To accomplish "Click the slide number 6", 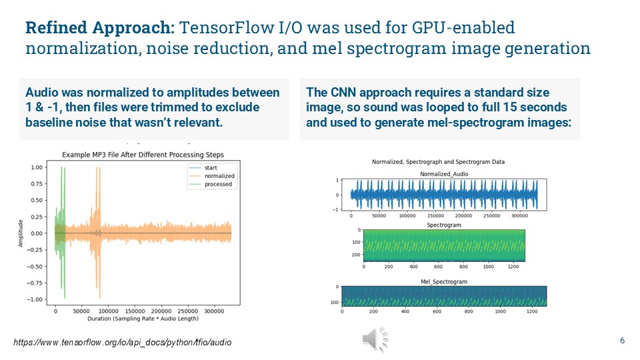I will tap(622, 341).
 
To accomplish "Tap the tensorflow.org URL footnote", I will tap(123, 342).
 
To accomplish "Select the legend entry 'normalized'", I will tap(219, 176).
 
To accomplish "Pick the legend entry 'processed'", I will tap(218, 184).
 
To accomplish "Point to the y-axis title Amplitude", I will tap(21, 233).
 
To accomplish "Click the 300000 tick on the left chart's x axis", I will tap(213, 311).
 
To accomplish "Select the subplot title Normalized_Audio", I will tap(438, 174).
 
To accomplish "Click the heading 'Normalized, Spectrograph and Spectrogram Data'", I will tap(438, 162).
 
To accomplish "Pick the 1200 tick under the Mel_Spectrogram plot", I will tap(532, 311).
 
